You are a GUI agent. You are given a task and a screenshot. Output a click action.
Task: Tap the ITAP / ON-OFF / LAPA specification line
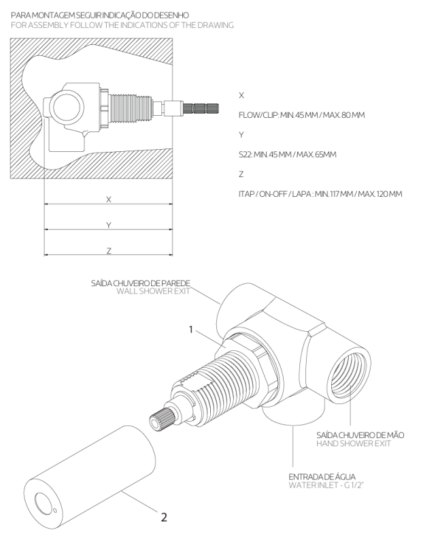pos(320,194)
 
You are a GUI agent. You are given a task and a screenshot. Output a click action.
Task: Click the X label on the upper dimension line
pos(109,200)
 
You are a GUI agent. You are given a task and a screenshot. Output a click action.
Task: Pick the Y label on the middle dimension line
pos(109,225)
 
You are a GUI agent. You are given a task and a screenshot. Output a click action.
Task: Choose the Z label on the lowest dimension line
pos(109,251)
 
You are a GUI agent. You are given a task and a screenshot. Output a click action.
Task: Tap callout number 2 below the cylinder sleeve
pos(163,516)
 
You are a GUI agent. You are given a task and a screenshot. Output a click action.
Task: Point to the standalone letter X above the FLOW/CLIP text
pos(242,96)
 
